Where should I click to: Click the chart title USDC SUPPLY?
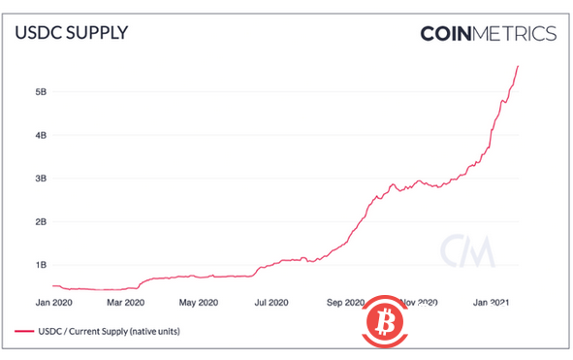(72, 32)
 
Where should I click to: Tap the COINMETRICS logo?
(488, 34)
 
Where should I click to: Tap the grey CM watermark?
(466, 251)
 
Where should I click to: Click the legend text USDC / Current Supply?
(111, 332)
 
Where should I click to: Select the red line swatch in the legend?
(23, 332)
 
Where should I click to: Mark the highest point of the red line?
(519, 66)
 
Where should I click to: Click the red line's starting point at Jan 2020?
(51, 285)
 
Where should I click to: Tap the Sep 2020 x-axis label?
(346, 302)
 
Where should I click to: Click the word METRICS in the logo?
(513, 34)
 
